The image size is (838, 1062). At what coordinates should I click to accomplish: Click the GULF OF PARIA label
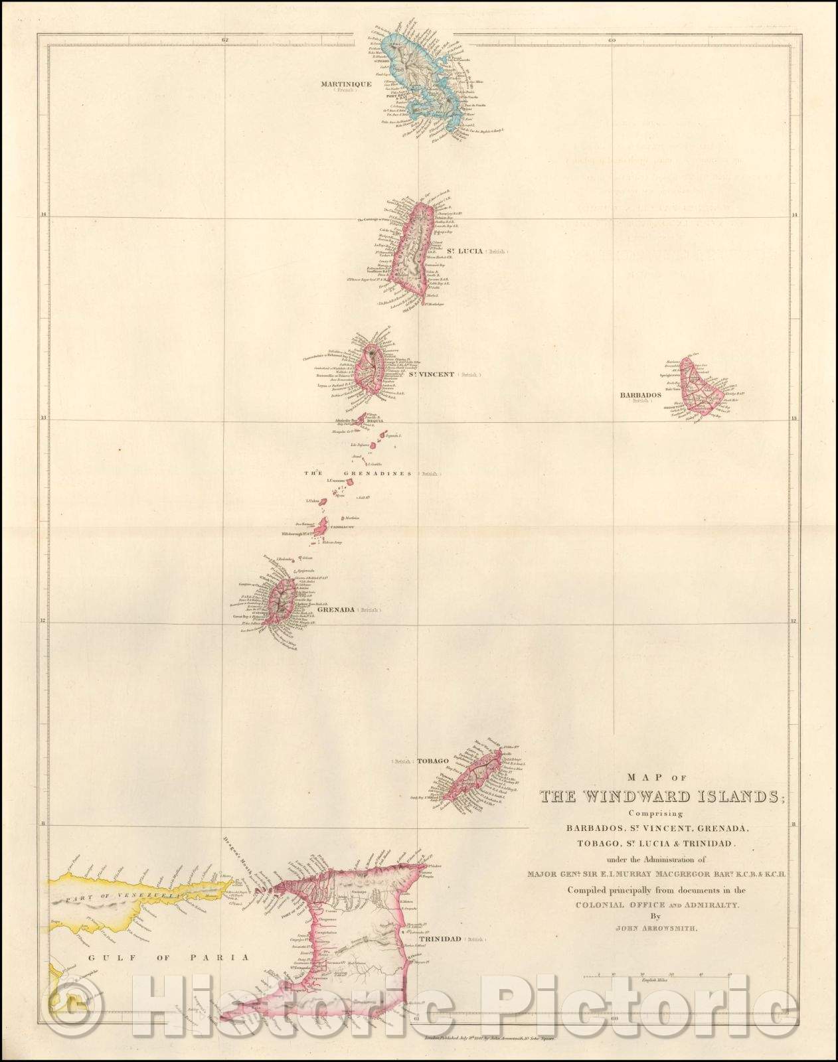pyautogui.click(x=158, y=957)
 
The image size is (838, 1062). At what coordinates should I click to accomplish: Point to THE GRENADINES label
pyautogui.click(x=359, y=474)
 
